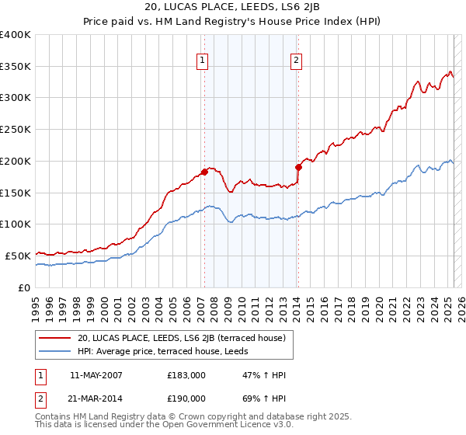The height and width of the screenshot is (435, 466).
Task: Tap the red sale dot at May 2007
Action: pos(204,171)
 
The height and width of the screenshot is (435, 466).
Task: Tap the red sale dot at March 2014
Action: pos(298,166)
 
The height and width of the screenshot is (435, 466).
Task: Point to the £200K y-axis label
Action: pos(16,161)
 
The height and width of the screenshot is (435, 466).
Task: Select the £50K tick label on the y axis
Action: pos(18,255)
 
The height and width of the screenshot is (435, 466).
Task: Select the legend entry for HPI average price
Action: pos(164,352)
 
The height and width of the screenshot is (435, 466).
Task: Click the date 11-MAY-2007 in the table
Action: pos(96,374)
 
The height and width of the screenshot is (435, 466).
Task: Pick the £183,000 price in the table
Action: pos(186,374)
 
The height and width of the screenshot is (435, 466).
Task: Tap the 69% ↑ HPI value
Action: pos(265,398)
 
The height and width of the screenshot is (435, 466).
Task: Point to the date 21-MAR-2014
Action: pos(96,398)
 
